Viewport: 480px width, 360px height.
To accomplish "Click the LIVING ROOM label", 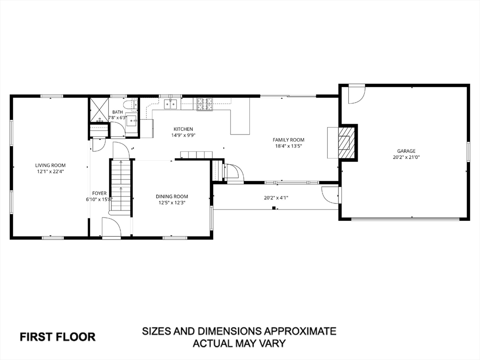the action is pos(50,165).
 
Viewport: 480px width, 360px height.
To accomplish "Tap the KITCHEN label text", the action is pos(183,129).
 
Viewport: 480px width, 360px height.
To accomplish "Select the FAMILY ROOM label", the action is pos(288,140).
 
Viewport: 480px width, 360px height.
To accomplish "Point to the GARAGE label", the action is pos(406,151).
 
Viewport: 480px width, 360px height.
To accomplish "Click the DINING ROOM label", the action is pos(172,196).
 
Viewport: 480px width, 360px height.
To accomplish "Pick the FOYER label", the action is pos(99,193).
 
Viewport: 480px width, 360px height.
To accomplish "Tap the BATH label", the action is pos(118,112).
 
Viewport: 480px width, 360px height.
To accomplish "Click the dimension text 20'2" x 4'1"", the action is pos(276,198).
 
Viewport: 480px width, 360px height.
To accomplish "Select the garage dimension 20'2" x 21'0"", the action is pos(406,157).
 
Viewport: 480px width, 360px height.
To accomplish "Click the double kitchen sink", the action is pos(171,104).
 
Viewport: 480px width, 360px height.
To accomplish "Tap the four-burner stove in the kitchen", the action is pos(204,104).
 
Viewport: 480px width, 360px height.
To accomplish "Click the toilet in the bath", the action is pos(134,104).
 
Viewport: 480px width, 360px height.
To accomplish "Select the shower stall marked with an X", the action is pos(98,110).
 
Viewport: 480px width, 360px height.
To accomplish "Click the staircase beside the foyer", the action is pos(121,187).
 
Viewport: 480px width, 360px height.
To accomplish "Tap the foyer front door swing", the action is pos(112,227).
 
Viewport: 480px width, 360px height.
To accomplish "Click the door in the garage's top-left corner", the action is pos(357,94).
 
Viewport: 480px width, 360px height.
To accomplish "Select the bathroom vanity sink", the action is pos(132,122).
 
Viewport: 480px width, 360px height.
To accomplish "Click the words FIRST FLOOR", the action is pos(58,337).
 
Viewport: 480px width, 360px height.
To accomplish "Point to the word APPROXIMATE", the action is pos(300,331).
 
